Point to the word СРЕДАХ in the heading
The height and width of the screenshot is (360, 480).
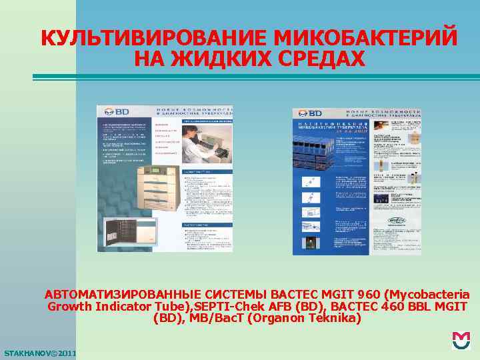[318, 59]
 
